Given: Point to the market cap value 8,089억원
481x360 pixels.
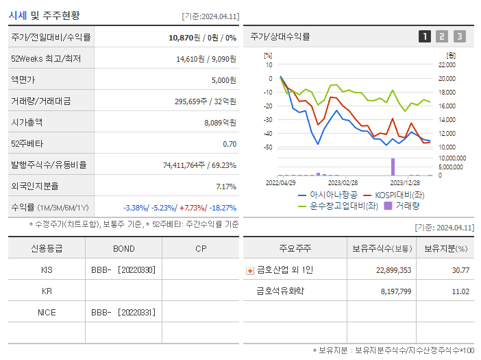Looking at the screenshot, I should [220, 122].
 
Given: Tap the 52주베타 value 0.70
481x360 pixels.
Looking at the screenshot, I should [230, 144].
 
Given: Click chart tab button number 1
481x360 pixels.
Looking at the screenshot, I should [425, 36].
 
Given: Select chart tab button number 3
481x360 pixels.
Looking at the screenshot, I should [459, 36].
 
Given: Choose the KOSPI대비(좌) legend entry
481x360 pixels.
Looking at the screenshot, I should [395, 195].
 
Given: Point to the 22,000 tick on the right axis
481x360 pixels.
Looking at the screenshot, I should [446, 65].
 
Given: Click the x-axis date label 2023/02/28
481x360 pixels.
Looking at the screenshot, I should [343, 183].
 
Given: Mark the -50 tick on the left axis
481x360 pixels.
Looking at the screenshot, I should [268, 147].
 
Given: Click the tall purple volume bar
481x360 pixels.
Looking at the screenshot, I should [393, 167].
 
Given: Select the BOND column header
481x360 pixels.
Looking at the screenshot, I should [123, 249].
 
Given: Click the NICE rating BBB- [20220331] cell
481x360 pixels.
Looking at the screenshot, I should [123, 312].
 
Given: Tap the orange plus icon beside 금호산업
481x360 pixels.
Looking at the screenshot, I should [249, 270].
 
